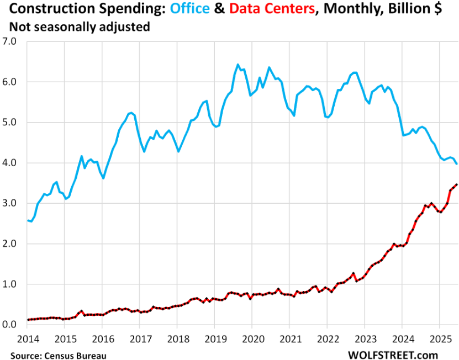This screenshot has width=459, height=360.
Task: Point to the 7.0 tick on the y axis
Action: tap(10, 41)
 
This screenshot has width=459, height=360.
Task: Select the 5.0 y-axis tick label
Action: tap(10, 123)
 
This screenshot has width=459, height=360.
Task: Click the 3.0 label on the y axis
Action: tap(10, 203)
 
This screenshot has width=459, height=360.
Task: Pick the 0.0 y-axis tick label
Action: tap(10, 325)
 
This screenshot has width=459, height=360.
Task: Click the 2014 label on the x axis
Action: tap(27, 338)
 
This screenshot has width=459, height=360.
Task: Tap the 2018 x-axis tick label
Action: tap(177, 338)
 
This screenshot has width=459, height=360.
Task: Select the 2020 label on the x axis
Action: tap(252, 338)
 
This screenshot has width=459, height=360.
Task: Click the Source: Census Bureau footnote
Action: tap(59, 353)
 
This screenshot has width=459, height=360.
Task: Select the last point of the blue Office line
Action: tap(456, 163)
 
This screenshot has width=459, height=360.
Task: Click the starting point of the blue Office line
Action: tap(27, 220)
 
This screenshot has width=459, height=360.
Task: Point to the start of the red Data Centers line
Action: tap(27, 320)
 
